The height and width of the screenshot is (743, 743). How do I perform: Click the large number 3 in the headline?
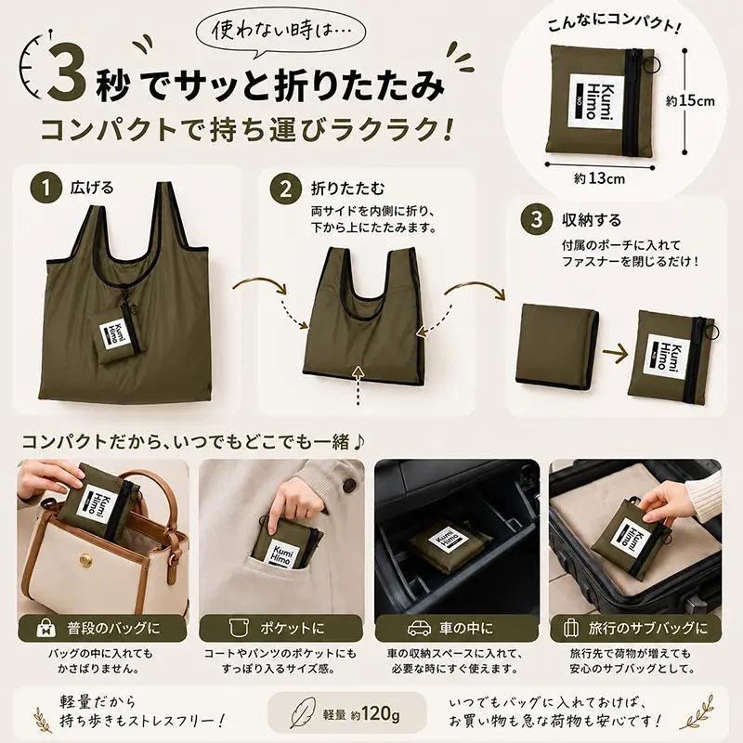69,71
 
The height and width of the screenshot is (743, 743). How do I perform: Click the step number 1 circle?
46,188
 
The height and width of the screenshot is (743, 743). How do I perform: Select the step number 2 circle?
286,189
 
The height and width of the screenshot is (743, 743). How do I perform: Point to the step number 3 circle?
536,219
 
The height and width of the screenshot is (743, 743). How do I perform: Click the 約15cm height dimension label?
690,101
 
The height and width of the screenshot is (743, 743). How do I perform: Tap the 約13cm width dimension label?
599,178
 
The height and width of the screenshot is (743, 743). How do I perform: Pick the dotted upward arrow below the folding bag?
358,385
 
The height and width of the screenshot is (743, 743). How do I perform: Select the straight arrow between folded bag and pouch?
615,353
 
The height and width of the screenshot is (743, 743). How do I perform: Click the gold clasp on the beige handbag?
87,561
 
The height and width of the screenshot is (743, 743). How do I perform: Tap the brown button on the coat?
350,485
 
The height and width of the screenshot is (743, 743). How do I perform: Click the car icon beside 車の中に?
420,629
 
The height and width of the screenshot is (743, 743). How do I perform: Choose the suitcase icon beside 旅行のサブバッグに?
571,629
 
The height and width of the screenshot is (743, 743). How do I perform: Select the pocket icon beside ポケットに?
239,629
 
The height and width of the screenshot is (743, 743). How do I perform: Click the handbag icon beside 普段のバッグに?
46,629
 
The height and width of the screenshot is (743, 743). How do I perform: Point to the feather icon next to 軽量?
302,712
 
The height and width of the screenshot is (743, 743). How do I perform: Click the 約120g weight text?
375,713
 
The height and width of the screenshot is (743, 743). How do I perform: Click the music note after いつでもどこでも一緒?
358,443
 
